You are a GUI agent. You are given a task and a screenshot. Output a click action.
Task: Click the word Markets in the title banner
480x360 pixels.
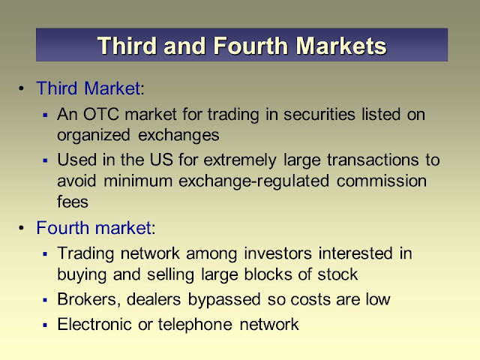coord(341,46)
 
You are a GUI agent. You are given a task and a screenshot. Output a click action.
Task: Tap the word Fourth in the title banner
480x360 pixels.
coord(250,46)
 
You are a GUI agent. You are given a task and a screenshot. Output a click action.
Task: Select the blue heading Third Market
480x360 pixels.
coord(88,88)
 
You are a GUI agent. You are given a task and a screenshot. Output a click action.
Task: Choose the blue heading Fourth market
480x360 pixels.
coord(94,228)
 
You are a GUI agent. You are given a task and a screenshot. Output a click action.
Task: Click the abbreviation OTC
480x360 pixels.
coord(101,115)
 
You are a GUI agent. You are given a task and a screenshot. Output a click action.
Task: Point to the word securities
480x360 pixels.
coord(319,115)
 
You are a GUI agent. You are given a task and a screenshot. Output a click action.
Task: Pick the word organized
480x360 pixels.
coord(94,136)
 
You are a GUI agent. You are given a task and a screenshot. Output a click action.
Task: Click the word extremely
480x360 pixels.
coord(240,160)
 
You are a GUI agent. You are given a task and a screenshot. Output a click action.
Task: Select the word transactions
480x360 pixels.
coord(373,160)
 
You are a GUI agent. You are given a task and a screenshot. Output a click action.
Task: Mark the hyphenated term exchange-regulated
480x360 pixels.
coord(254,181)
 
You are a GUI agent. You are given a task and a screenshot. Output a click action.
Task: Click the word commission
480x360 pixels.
coord(382,181)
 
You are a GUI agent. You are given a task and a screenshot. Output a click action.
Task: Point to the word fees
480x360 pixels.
coord(73,202)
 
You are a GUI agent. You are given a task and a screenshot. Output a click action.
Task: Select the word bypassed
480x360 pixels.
coord(224,300)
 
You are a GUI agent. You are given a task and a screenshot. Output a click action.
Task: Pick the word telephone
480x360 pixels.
coord(195,325)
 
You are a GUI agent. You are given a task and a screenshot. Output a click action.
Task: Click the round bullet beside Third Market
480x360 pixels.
coord(21,88)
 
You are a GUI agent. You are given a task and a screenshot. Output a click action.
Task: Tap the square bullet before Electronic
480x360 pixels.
coord(45,325)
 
